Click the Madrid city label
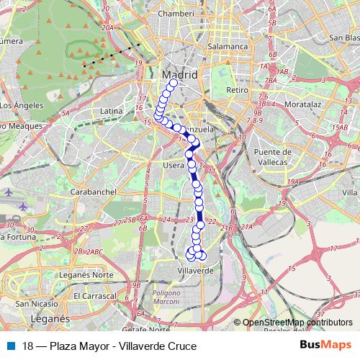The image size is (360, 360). [180, 74]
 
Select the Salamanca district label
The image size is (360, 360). [228, 46]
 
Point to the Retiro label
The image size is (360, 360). [237, 90]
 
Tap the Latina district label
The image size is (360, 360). [112, 111]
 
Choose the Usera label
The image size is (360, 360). [173, 165]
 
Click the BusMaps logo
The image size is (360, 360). [325, 346]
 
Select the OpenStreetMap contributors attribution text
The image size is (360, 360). [297, 323]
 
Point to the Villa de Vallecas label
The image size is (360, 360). [351, 192]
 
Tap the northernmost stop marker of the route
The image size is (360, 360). [173, 84]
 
